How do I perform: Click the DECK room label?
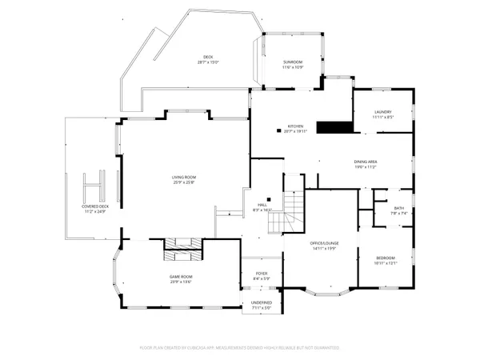pyautogui.click(x=208, y=57)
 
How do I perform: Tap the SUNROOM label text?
pyautogui.click(x=293, y=62)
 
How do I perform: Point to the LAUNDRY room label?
pyautogui.click(x=382, y=113)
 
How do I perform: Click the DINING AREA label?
pyautogui.click(x=366, y=162)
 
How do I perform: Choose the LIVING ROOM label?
pyautogui.click(x=184, y=177)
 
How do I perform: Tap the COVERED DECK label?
pyautogui.click(x=94, y=206)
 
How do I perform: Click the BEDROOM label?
pyautogui.click(x=385, y=258)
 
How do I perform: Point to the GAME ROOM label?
pyautogui.click(x=181, y=277)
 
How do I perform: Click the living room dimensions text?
pyautogui.click(x=184, y=182)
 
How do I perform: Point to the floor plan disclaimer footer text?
pyautogui.click(x=240, y=348)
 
